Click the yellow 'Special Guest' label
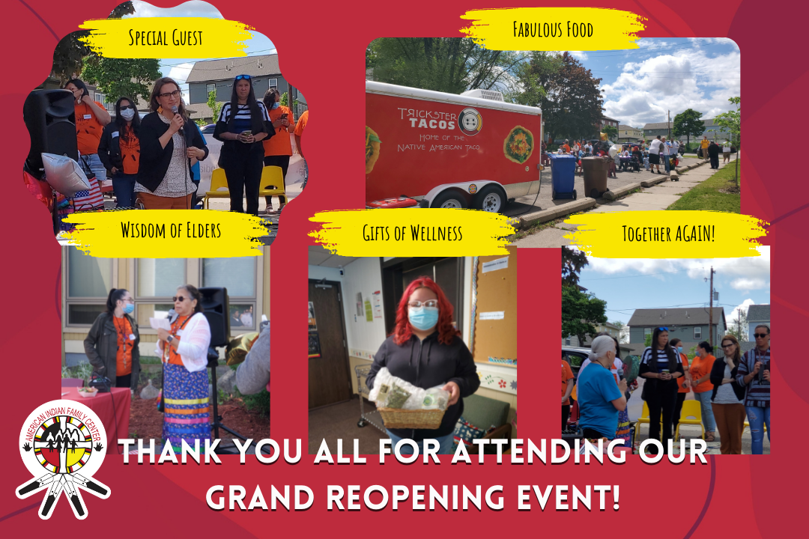[x=166, y=37]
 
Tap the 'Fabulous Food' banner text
[x=553, y=29]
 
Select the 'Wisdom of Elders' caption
[x=171, y=230]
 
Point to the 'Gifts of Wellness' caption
[x=412, y=233]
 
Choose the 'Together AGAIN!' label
[x=669, y=234]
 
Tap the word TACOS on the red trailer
[x=431, y=123]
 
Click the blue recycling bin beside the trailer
[x=563, y=177]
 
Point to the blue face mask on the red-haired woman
[x=423, y=317]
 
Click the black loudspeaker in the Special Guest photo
[x=50, y=132]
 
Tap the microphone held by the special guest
[x=178, y=118]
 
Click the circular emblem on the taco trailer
[x=470, y=121]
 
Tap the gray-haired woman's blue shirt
[x=599, y=400]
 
